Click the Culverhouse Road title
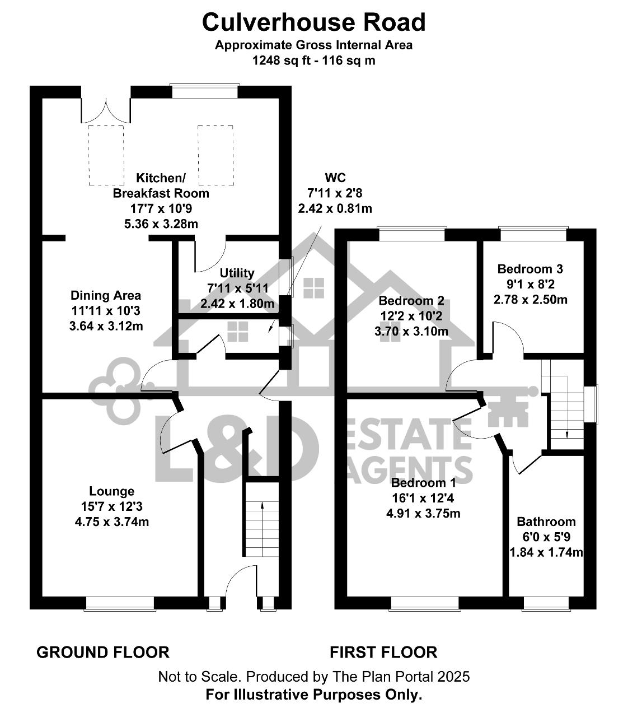[313, 22]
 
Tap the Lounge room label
[112, 491]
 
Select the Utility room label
[237, 273]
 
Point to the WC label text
[335, 178]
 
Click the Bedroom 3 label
[530, 269]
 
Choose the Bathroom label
[546, 522]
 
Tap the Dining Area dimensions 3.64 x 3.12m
[106, 326]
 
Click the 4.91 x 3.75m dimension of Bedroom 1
[423, 514]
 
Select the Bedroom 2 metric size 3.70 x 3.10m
[411, 332]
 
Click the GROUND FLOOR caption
[103, 653]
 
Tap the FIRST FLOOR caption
[383, 653]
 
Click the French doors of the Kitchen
[106, 110]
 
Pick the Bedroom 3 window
[533, 233]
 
